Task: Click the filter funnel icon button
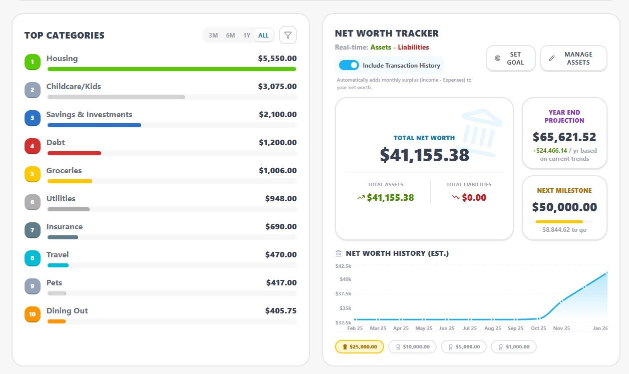tap(288, 35)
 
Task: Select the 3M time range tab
tap(213, 36)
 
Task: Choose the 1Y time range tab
tap(247, 36)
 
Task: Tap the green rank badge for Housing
tap(33, 62)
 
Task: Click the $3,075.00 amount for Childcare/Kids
tap(277, 87)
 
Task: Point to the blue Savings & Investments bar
tap(94, 125)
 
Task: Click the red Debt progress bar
tap(74, 153)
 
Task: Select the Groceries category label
tap(64, 171)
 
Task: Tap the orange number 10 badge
tap(33, 314)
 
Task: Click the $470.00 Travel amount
tap(281, 255)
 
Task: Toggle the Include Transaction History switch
tap(349, 65)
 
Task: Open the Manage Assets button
tap(573, 59)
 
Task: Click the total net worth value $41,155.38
tap(425, 155)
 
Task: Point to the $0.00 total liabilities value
tap(474, 198)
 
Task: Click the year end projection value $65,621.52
tap(564, 137)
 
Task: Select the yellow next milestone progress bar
tap(559, 221)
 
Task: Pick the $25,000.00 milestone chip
tap(359, 346)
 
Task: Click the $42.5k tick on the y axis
tap(343, 266)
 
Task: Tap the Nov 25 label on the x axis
tap(561, 328)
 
